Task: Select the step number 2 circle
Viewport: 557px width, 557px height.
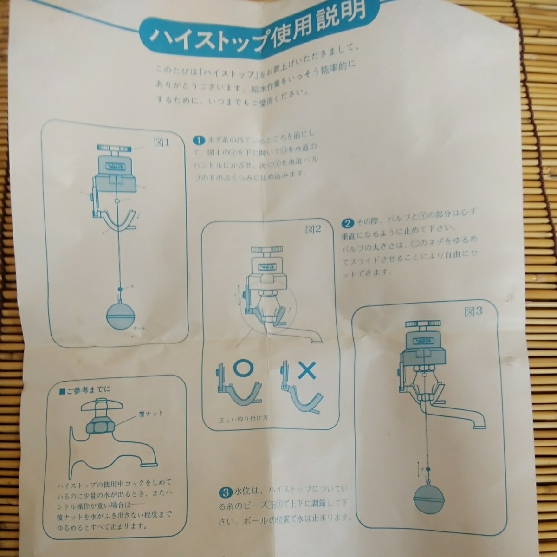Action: tap(347, 222)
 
